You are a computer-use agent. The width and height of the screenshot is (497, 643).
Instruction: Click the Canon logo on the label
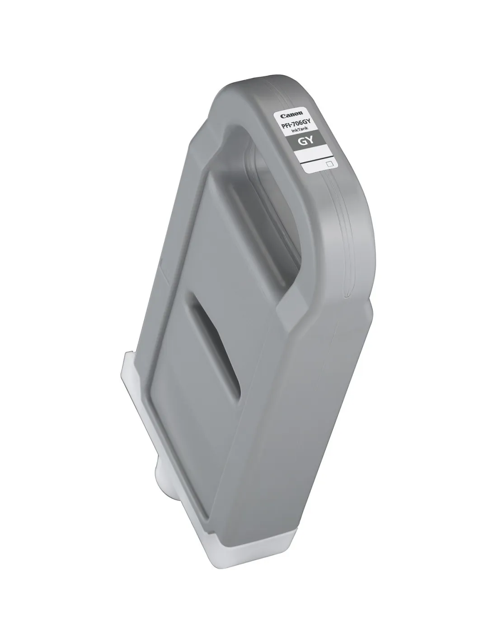[x=291, y=114]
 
